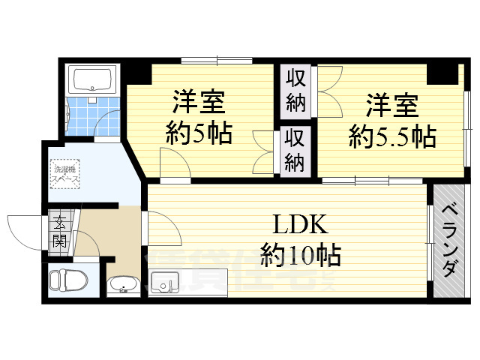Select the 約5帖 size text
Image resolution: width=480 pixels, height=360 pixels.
click(198, 134)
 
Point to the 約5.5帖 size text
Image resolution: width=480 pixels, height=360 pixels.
click(392, 136)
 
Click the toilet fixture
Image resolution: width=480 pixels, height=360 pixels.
click(67, 280)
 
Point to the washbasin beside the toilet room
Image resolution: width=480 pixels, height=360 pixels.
click(121, 285)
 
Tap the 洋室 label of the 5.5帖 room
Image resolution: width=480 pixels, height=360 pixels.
click(391, 104)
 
